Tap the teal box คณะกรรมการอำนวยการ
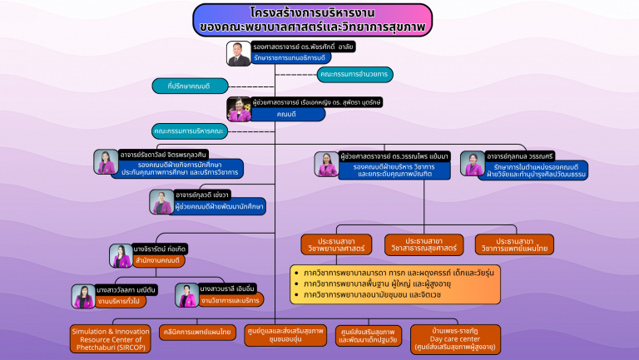pyautogui.click(x=354, y=74)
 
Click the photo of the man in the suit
pyautogui.click(x=239, y=53)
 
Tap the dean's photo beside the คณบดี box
pyautogui.click(x=240, y=110)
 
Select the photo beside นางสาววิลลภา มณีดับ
pyautogui.click(x=84, y=296)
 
